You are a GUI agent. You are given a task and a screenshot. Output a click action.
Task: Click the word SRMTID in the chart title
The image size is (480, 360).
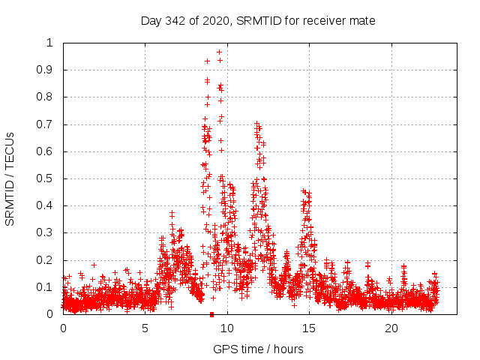(259, 20)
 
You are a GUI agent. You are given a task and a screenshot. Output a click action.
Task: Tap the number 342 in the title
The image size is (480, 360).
(177, 20)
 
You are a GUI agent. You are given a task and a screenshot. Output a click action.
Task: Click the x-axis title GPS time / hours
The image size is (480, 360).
(258, 349)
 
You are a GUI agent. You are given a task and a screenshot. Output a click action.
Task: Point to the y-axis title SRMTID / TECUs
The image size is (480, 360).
(10, 178)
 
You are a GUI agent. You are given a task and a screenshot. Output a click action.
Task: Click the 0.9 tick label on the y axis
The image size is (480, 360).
(46, 70)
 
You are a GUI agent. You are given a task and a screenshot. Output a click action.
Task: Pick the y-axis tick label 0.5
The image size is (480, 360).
(46, 178)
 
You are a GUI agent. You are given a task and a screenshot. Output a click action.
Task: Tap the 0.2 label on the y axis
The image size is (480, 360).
(46, 260)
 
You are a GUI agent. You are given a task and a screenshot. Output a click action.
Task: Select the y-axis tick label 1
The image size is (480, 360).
(50, 43)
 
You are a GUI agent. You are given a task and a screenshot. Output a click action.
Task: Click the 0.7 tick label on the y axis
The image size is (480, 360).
(46, 124)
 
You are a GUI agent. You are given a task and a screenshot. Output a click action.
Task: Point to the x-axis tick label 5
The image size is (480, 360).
(145, 328)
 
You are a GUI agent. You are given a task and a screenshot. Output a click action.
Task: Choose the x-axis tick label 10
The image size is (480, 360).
(227, 328)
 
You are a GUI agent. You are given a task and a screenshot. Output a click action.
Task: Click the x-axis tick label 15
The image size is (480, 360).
(310, 328)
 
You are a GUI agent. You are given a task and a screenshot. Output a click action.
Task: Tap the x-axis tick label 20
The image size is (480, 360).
(391, 328)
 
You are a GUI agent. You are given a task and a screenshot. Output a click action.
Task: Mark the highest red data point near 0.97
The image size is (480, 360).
(219, 52)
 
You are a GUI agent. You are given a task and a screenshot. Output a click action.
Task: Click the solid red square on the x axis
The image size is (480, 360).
(212, 314)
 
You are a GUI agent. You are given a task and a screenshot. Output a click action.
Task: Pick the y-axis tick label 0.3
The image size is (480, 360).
(46, 233)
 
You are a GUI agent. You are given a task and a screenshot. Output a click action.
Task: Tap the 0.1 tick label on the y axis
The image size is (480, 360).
(46, 287)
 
